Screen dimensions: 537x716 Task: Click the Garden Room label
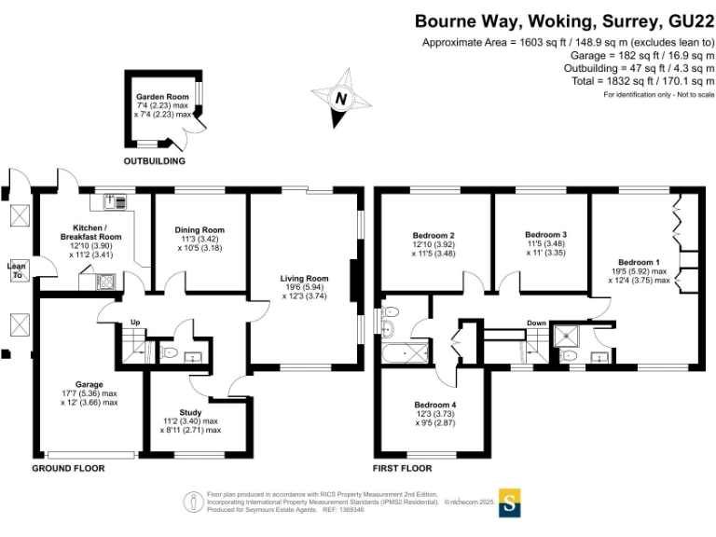pos(162,96)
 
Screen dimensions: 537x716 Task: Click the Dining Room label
pos(200,230)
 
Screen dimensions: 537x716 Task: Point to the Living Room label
pos(306,278)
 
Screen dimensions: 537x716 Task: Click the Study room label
pos(190,412)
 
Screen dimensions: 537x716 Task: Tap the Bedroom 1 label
pos(639,261)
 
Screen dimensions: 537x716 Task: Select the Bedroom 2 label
pos(433,235)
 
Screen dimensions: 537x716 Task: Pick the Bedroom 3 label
pos(545,234)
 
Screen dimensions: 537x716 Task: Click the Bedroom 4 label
pos(434,405)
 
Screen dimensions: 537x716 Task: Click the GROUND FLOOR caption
pos(68,468)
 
